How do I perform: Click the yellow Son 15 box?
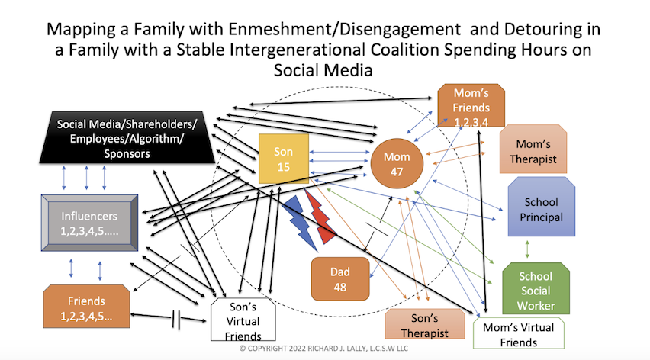coord(283,159)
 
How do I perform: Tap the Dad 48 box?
coord(339,278)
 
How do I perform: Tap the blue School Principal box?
coord(541,209)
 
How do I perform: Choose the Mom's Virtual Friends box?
coord(519,333)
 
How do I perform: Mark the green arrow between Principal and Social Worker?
coord(526,249)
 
